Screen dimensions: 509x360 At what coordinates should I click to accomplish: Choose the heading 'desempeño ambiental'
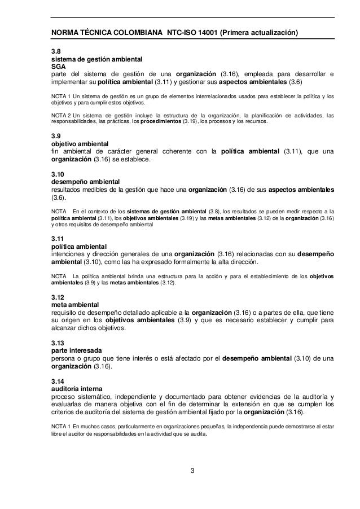click(76, 182)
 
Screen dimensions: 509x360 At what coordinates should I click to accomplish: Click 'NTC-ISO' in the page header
click(182, 33)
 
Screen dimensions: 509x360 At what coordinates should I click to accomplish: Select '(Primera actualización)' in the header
click(262, 33)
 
